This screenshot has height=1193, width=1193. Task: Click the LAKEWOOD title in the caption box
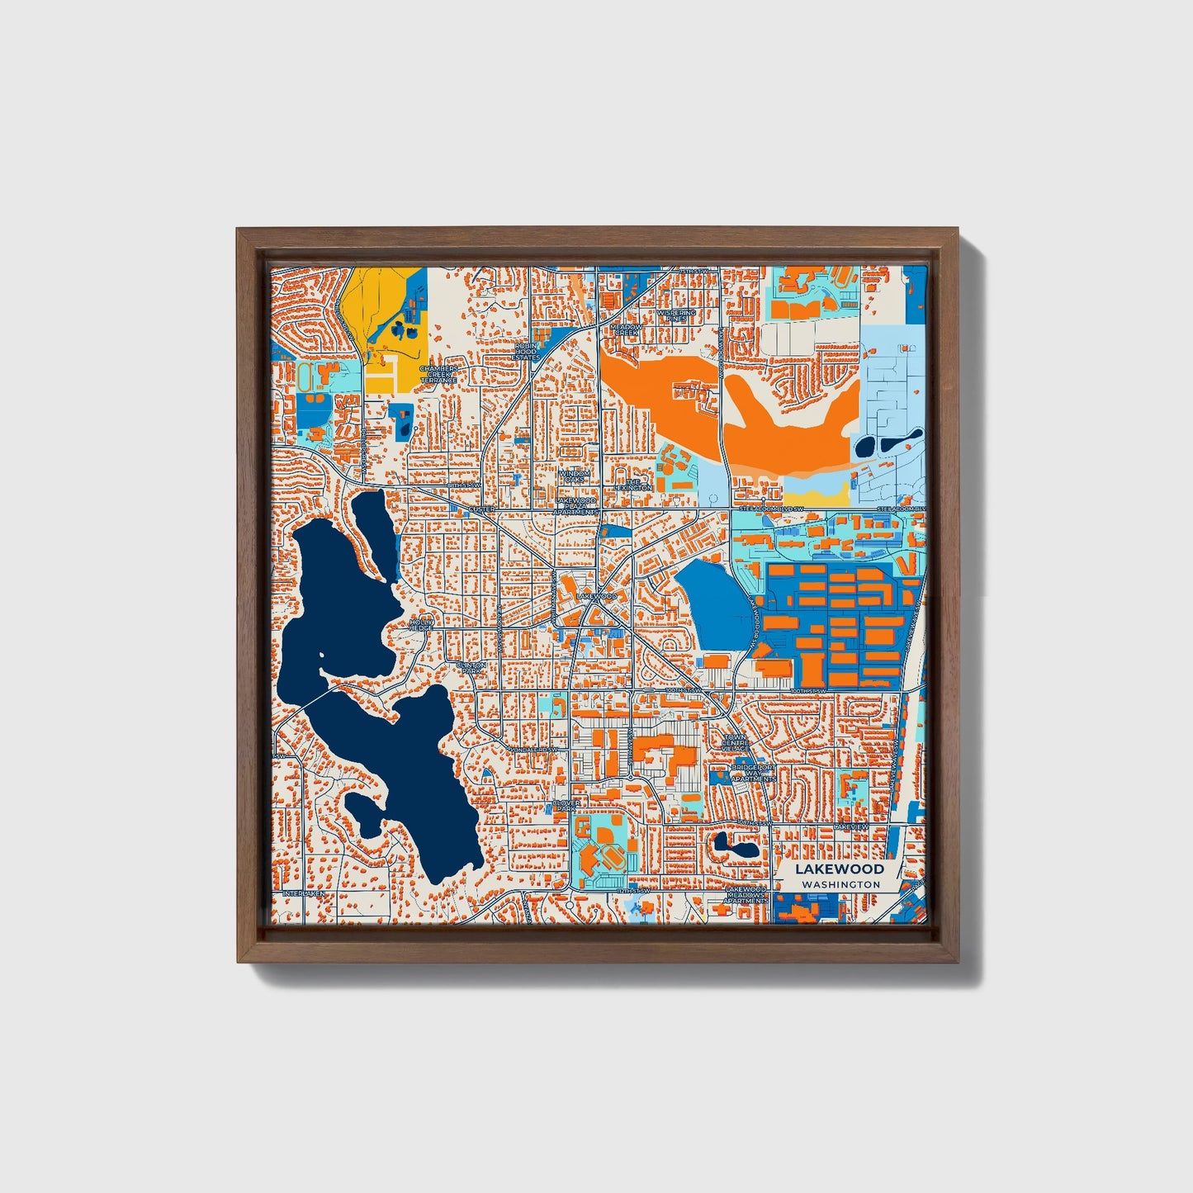(x=840, y=869)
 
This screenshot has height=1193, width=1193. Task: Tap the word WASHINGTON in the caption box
(x=840, y=884)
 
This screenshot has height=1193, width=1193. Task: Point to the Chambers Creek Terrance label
(x=438, y=374)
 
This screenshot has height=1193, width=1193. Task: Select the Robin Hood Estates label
(x=525, y=352)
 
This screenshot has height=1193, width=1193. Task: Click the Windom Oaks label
(x=574, y=476)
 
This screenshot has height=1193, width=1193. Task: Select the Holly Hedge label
(x=421, y=624)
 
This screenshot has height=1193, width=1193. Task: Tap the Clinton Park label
(x=471, y=667)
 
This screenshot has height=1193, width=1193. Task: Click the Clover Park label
(x=566, y=806)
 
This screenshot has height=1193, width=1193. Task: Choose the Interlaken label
(x=305, y=893)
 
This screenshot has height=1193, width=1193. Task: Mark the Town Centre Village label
(x=736, y=742)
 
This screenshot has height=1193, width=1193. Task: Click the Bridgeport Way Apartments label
(x=753, y=773)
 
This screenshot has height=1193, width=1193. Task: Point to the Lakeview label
(x=850, y=826)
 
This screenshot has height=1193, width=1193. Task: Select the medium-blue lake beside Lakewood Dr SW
(x=715, y=604)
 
